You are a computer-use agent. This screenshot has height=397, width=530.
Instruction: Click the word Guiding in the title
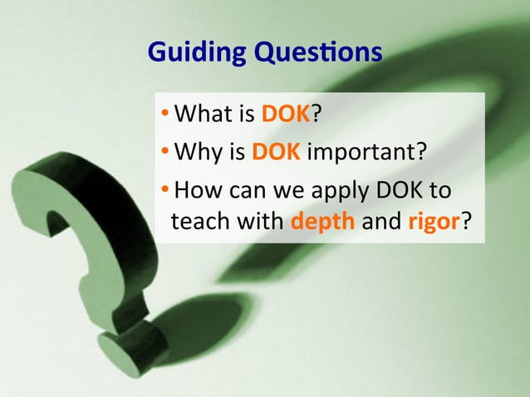click(x=185, y=54)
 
